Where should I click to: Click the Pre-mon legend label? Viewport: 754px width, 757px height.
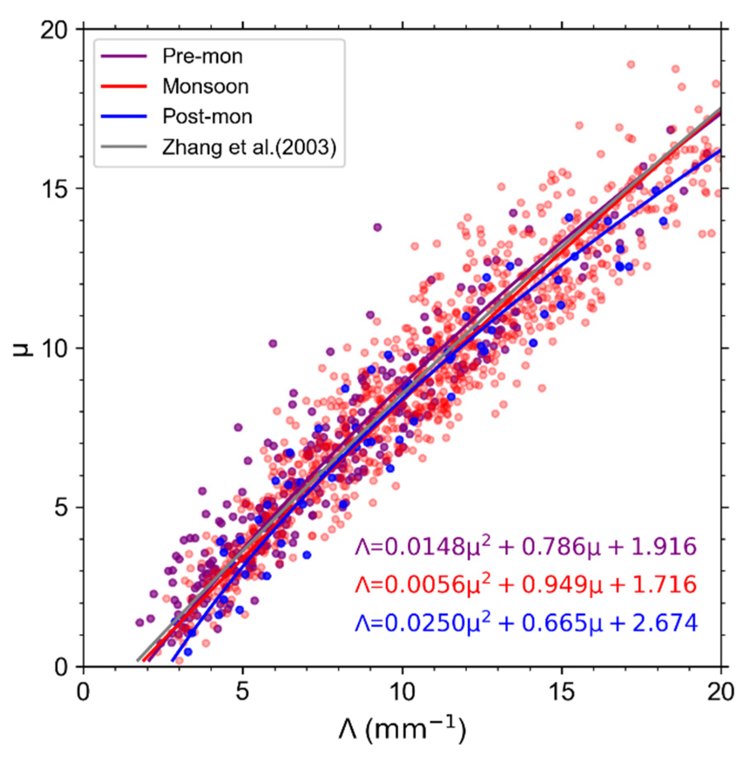click(202, 56)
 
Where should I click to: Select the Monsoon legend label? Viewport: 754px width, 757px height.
click(205, 86)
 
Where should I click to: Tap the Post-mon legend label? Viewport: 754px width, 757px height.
click(207, 116)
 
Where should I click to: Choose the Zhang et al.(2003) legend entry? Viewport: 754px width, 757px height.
click(249, 147)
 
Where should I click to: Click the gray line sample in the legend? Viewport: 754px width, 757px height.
click(123, 147)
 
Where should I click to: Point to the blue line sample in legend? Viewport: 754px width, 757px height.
click(123, 117)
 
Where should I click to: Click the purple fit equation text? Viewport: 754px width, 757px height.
click(526, 546)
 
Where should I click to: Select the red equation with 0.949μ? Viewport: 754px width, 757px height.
click(526, 584)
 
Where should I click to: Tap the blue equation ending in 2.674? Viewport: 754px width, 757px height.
click(526, 622)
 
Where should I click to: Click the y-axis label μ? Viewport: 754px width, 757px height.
click(22, 348)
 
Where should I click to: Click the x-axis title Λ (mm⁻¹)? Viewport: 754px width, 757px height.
click(402, 729)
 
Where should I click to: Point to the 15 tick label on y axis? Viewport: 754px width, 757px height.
click(54, 189)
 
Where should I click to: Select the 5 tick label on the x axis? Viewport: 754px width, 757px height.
click(243, 691)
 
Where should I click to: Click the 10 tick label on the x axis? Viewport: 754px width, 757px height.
click(402, 691)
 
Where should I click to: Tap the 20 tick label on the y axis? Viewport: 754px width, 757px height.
click(54, 30)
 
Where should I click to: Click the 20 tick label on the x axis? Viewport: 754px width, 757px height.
click(720, 691)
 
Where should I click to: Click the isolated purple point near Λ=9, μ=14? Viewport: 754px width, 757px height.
click(377, 227)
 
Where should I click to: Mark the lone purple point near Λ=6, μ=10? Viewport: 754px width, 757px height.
click(273, 344)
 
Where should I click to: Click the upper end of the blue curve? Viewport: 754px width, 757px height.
click(719, 151)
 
